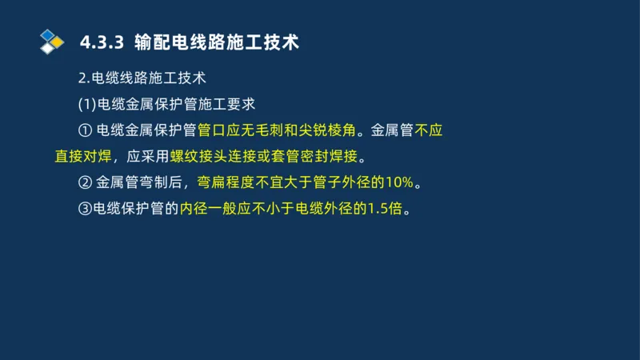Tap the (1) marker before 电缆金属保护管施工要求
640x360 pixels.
87,104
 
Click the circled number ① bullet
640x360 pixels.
86,130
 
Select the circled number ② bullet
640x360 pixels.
86,182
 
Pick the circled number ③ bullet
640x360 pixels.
86,209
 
